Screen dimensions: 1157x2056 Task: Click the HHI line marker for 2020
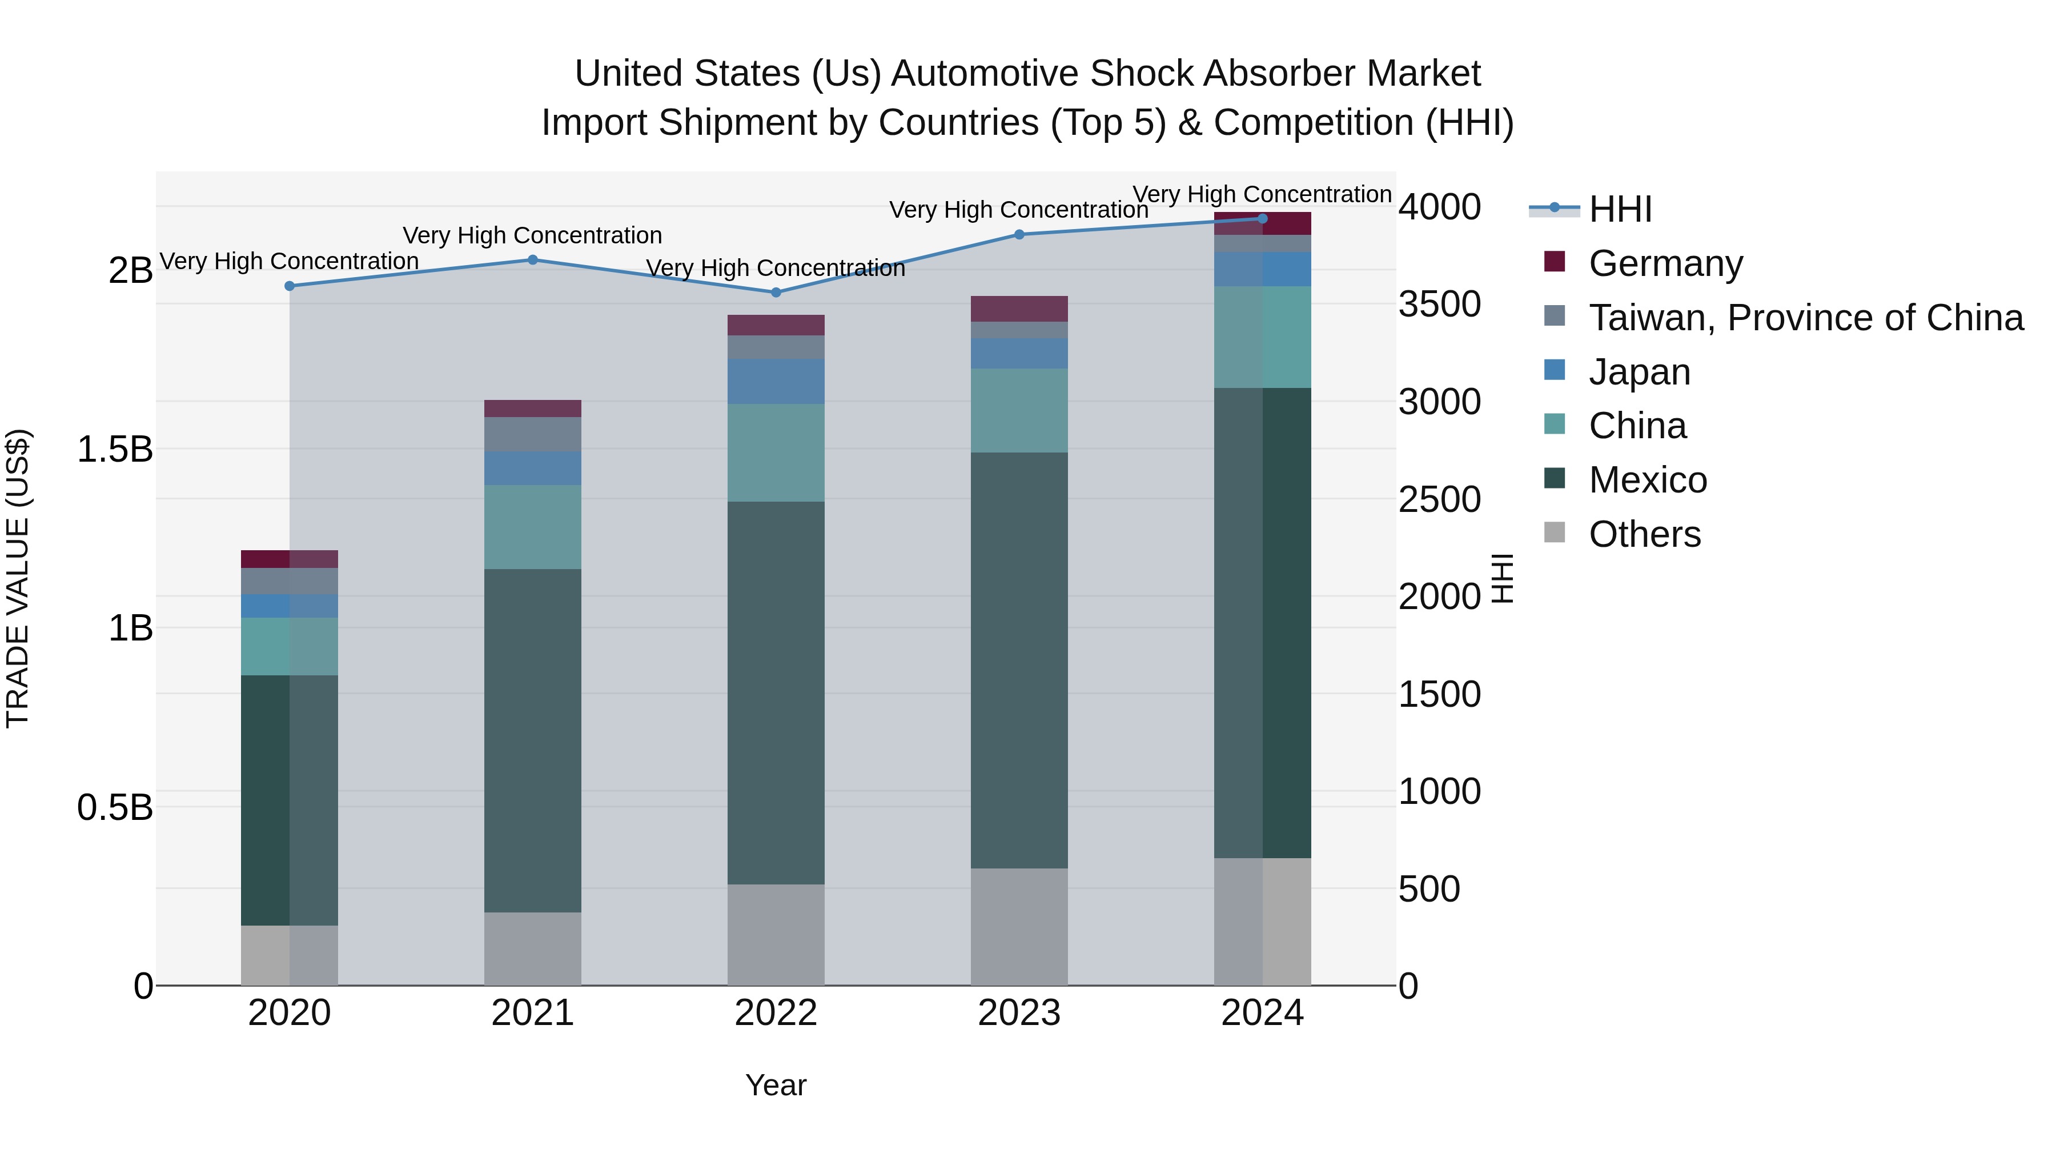(x=290, y=286)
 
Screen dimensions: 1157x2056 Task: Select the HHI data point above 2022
(x=776, y=292)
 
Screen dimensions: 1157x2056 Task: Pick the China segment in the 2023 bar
(x=1019, y=410)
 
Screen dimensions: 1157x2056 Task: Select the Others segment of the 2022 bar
(x=776, y=934)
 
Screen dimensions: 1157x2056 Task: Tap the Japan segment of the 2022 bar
(x=776, y=382)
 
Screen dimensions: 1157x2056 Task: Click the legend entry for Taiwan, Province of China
(x=1805, y=318)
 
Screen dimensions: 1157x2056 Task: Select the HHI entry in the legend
(x=1620, y=209)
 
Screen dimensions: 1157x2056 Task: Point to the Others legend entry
(x=1644, y=534)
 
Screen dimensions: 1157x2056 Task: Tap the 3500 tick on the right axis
(x=1439, y=304)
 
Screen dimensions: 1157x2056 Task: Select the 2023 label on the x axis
(x=1019, y=1013)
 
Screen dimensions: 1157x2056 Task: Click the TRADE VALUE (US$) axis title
(x=18, y=578)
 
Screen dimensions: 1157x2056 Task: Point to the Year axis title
(x=776, y=1085)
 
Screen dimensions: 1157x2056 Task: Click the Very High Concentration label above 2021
(x=532, y=235)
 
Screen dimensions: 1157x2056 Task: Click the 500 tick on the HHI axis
(x=1429, y=888)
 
